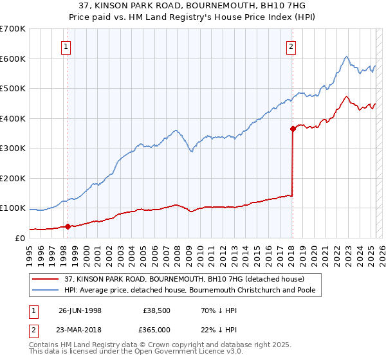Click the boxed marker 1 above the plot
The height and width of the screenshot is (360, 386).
pos(67,46)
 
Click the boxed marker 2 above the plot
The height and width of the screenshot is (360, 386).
pos(291,46)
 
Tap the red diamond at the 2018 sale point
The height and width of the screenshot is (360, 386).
pos(293,129)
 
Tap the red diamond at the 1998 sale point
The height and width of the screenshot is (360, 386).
pos(68,226)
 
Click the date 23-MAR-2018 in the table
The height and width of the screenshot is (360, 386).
pos(80,330)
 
